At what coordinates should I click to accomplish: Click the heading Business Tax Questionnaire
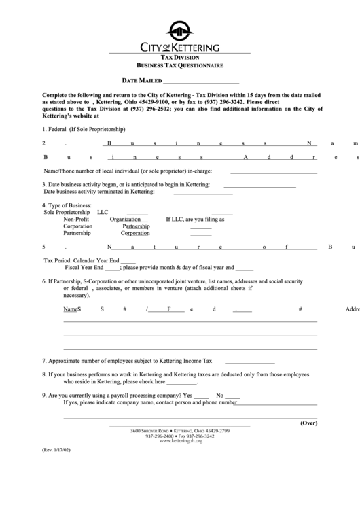(180, 65)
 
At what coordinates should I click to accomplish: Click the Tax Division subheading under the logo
(180, 58)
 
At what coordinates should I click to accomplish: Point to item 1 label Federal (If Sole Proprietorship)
(84, 129)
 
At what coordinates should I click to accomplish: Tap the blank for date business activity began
(259, 185)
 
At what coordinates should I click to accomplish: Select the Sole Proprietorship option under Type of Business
(67, 212)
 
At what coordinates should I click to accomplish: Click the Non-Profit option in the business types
(76, 220)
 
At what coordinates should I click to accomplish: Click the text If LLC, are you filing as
(195, 220)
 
